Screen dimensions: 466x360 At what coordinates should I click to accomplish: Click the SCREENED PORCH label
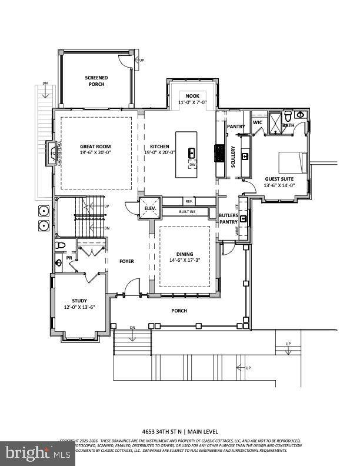coord(95,81)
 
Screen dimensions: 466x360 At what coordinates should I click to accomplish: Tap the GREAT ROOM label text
coord(95,147)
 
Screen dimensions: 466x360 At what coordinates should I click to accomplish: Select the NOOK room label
coord(192,96)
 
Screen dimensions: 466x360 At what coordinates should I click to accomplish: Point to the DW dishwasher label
coord(192,165)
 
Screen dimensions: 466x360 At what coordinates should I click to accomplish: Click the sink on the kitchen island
coord(192,153)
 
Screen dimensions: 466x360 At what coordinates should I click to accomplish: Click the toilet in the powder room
coord(59,245)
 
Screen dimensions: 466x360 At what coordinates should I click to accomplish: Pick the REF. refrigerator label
coord(189,201)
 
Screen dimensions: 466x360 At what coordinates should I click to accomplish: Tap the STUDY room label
coord(79,301)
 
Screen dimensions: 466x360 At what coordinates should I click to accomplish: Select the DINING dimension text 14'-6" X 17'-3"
coord(185,259)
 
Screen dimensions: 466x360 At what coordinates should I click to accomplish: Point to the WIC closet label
coord(257,122)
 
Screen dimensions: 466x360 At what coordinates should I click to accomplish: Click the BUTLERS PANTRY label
coord(228,219)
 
